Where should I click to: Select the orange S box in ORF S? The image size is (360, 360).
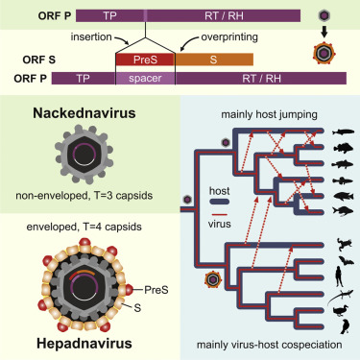coord(199,59)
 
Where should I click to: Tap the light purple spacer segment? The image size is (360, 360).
coord(144,77)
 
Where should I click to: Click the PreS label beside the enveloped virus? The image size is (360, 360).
coord(156,287)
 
